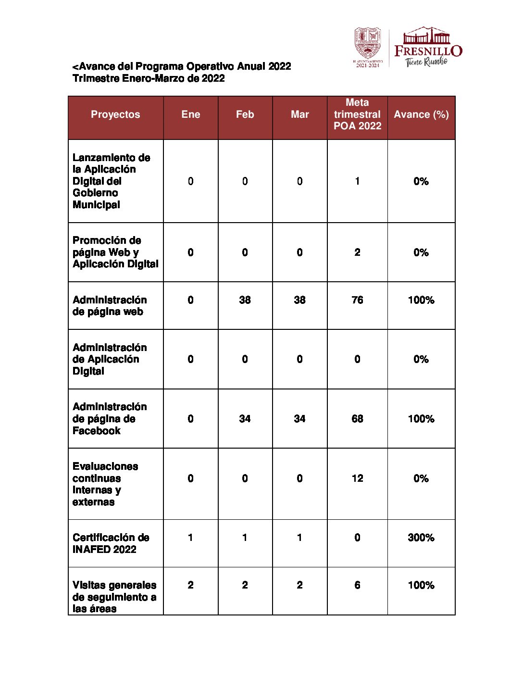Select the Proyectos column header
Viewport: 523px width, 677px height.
coord(115,114)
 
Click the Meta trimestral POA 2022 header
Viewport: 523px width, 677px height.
coord(357,114)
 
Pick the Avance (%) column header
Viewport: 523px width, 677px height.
coord(421,114)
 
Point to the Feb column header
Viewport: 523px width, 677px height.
coord(245,114)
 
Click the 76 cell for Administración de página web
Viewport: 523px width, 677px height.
coord(357,300)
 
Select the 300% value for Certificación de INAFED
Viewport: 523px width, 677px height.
coord(421,538)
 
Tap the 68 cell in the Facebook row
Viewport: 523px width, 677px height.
coord(357,419)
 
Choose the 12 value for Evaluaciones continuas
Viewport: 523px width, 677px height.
coord(357,478)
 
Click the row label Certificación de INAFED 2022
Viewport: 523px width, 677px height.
coord(111,543)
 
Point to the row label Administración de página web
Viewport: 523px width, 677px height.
coord(110,306)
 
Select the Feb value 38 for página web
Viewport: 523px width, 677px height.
coord(245,300)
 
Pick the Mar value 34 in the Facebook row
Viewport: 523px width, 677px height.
coord(299,419)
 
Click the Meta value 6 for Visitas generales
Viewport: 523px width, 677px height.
coord(357,585)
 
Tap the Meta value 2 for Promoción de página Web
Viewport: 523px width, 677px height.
coord(357,252)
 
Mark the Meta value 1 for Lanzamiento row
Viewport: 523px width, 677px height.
coord(357,181)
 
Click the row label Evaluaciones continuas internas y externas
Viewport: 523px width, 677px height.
coord(105,484)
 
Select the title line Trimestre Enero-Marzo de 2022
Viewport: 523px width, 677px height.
coord(149,78)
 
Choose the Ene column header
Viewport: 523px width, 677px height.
coord(191,114)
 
